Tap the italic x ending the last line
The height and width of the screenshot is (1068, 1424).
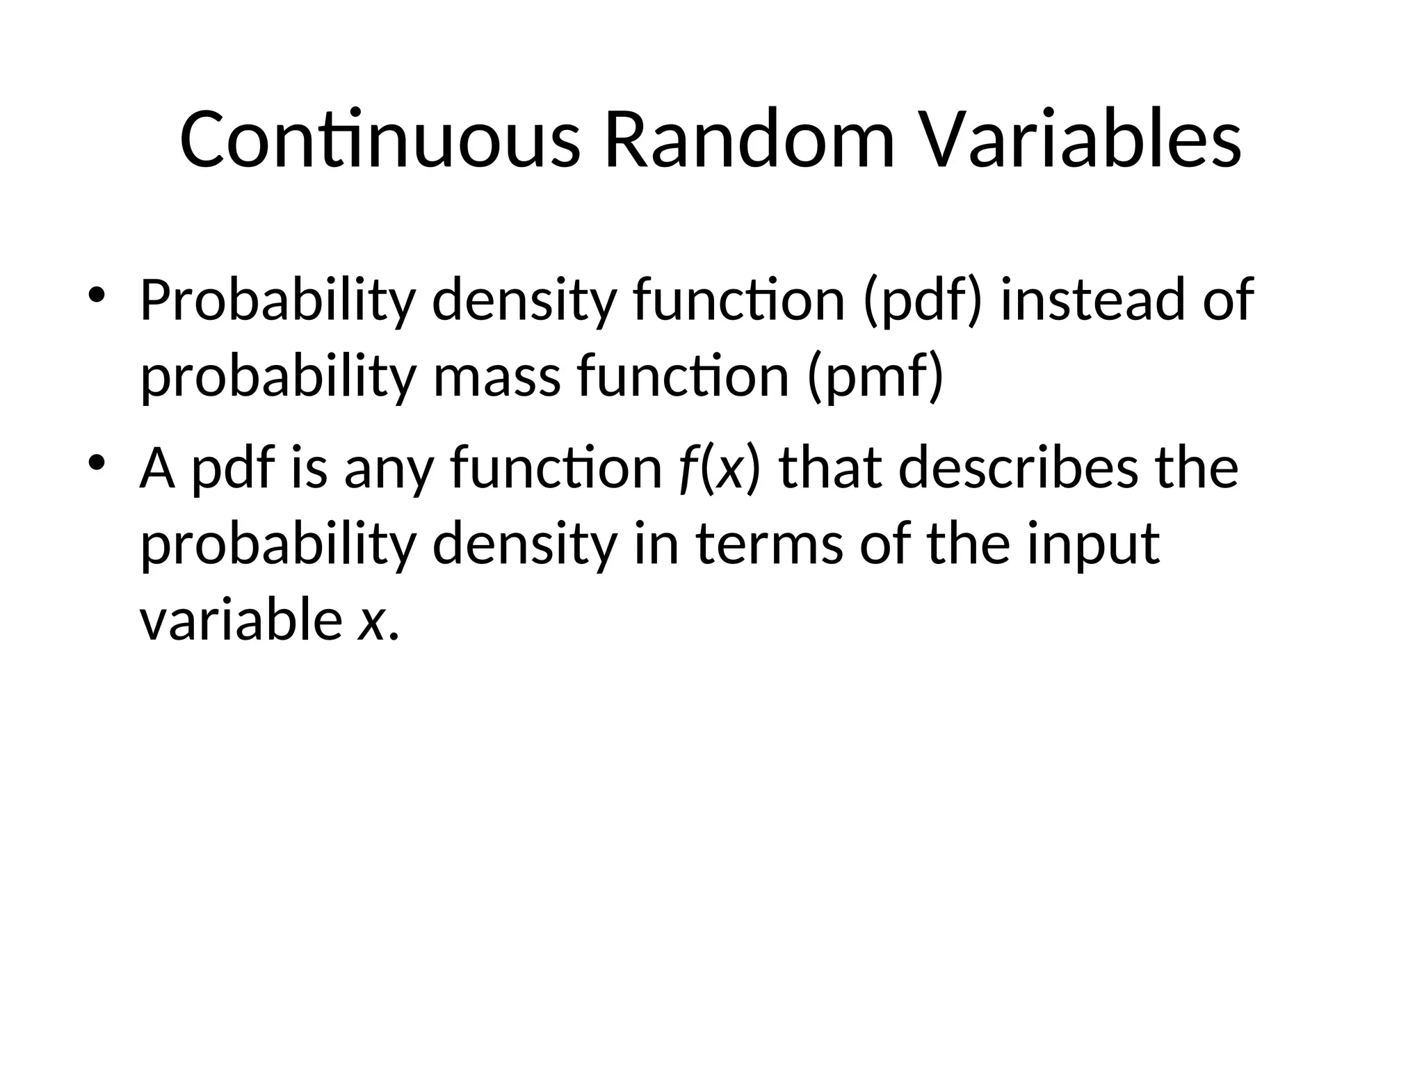371,620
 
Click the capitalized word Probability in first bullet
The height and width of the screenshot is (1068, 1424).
277,300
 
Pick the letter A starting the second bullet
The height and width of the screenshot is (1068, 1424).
157,467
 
